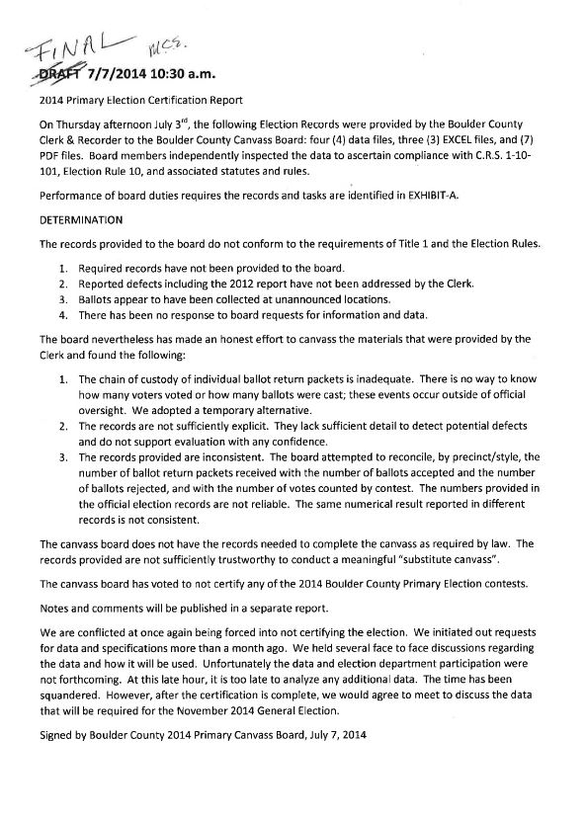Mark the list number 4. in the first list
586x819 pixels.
62,315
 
